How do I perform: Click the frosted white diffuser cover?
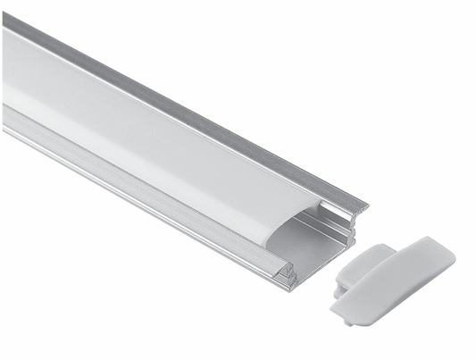tap(134, 134)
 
